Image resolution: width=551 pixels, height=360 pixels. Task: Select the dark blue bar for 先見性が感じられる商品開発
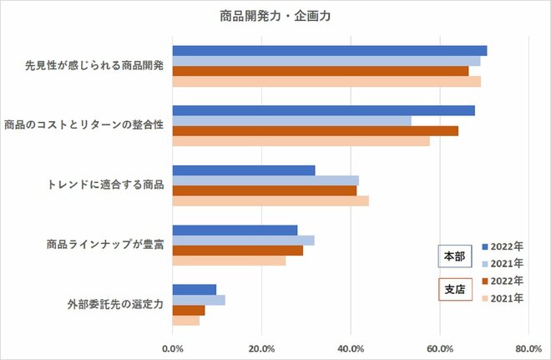[x=329, y=51]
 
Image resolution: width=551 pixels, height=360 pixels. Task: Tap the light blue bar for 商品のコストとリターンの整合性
[x=291, y=120]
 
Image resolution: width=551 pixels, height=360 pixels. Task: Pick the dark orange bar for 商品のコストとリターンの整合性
[x=315, y=130]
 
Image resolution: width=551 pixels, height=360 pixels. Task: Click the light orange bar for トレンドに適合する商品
[x=270, y=200]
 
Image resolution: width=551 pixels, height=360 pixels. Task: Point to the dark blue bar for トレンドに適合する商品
[x=244, y=170]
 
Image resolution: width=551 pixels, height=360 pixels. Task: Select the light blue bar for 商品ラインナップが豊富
[x=243, y=241]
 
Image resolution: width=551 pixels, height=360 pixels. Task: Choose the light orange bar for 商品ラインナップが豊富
[x=229, y=261]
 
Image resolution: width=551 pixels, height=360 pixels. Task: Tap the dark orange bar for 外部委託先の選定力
[x=189, y=311]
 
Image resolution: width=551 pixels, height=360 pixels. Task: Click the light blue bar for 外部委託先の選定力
[x=199, y=300]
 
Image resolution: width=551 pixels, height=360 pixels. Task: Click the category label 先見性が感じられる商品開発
[x=94, y=66]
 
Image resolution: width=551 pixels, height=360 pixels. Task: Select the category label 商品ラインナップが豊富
[x=104, y=246]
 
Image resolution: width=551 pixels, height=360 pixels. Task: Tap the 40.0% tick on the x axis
[x=351, y=347]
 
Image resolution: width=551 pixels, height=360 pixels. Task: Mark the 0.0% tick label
[x=173, y=347]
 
